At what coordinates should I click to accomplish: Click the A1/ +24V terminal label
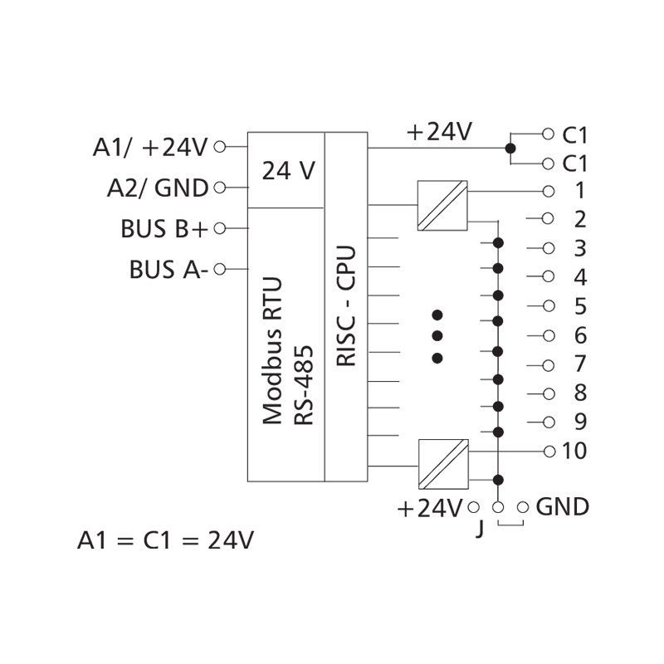[149, 148]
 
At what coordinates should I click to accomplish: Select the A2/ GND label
[157, 188]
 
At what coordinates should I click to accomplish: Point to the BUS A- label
[168, 270]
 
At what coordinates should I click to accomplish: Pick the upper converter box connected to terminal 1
[442, 205]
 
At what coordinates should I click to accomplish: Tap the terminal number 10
[575, 452]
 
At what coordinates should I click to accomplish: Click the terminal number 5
[580, 306]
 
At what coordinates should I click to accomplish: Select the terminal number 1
[580, 190]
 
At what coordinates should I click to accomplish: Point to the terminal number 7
[580, 364]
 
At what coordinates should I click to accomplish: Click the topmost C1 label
[575, 134]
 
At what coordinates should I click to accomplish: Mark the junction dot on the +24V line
[510, 149]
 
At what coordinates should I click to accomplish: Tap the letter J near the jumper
[479, 528]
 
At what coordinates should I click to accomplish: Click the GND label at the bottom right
[563, 506]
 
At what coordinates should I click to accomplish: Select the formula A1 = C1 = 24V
[165, 540]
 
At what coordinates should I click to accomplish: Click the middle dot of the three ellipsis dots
[438, 336]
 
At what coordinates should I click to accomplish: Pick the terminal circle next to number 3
[547, 248]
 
